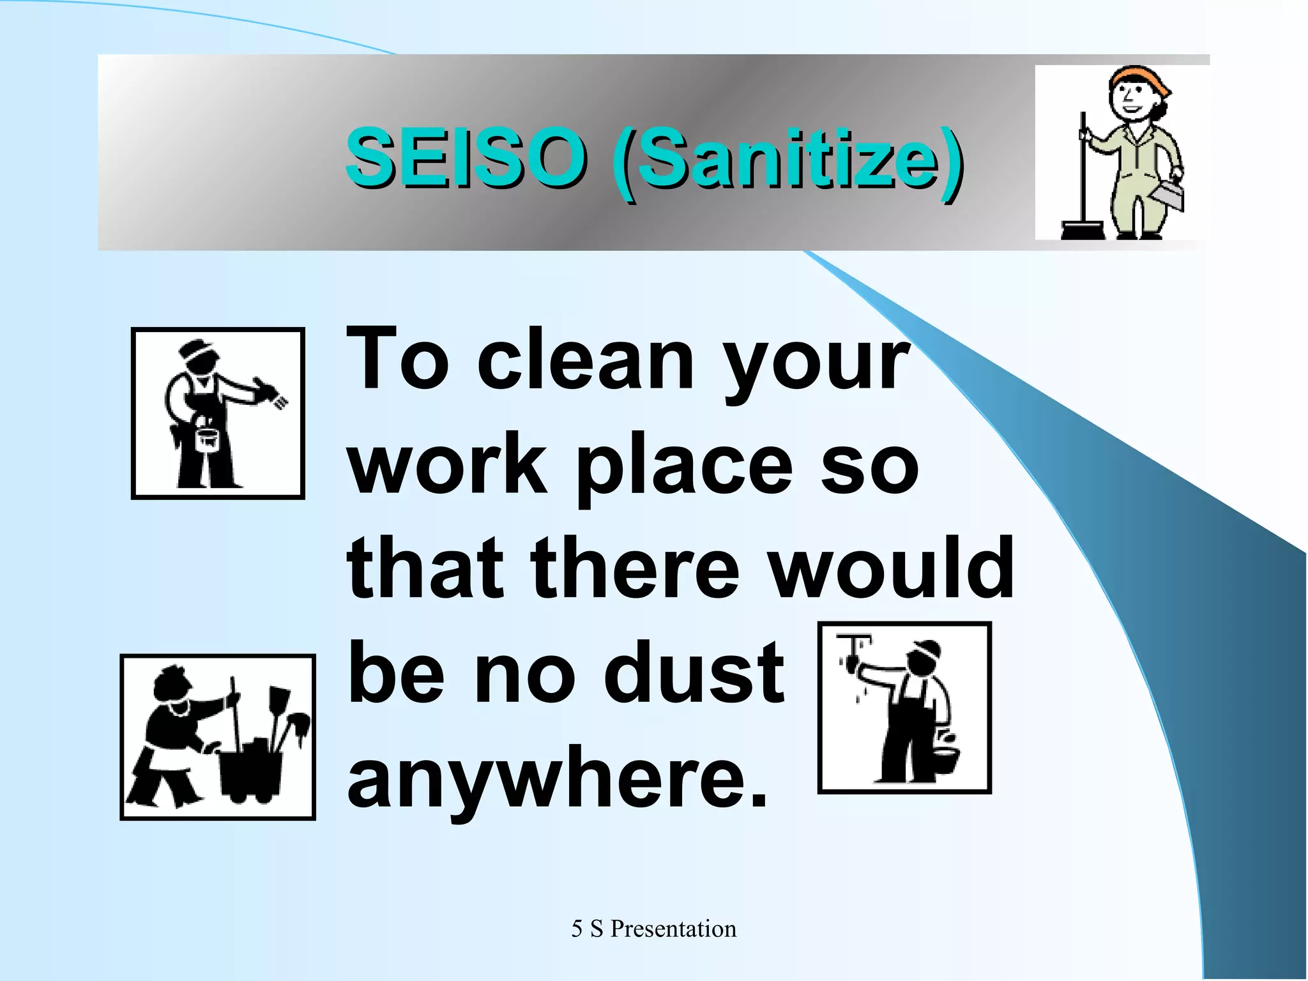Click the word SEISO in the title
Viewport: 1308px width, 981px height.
465,156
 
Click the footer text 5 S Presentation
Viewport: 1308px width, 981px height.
653,929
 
